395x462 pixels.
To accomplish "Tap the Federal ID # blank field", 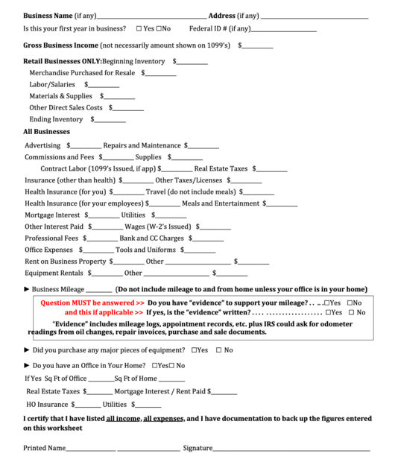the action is point(284,30).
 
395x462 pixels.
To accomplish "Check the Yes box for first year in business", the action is point(139,28).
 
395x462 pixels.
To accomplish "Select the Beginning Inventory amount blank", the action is point(192,63).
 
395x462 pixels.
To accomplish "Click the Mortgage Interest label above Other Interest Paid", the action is point(53,215).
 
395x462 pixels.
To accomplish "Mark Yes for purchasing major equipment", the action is point(195,349).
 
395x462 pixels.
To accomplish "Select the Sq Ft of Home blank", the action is point(172,379).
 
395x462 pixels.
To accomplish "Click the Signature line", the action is point(291,449).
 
